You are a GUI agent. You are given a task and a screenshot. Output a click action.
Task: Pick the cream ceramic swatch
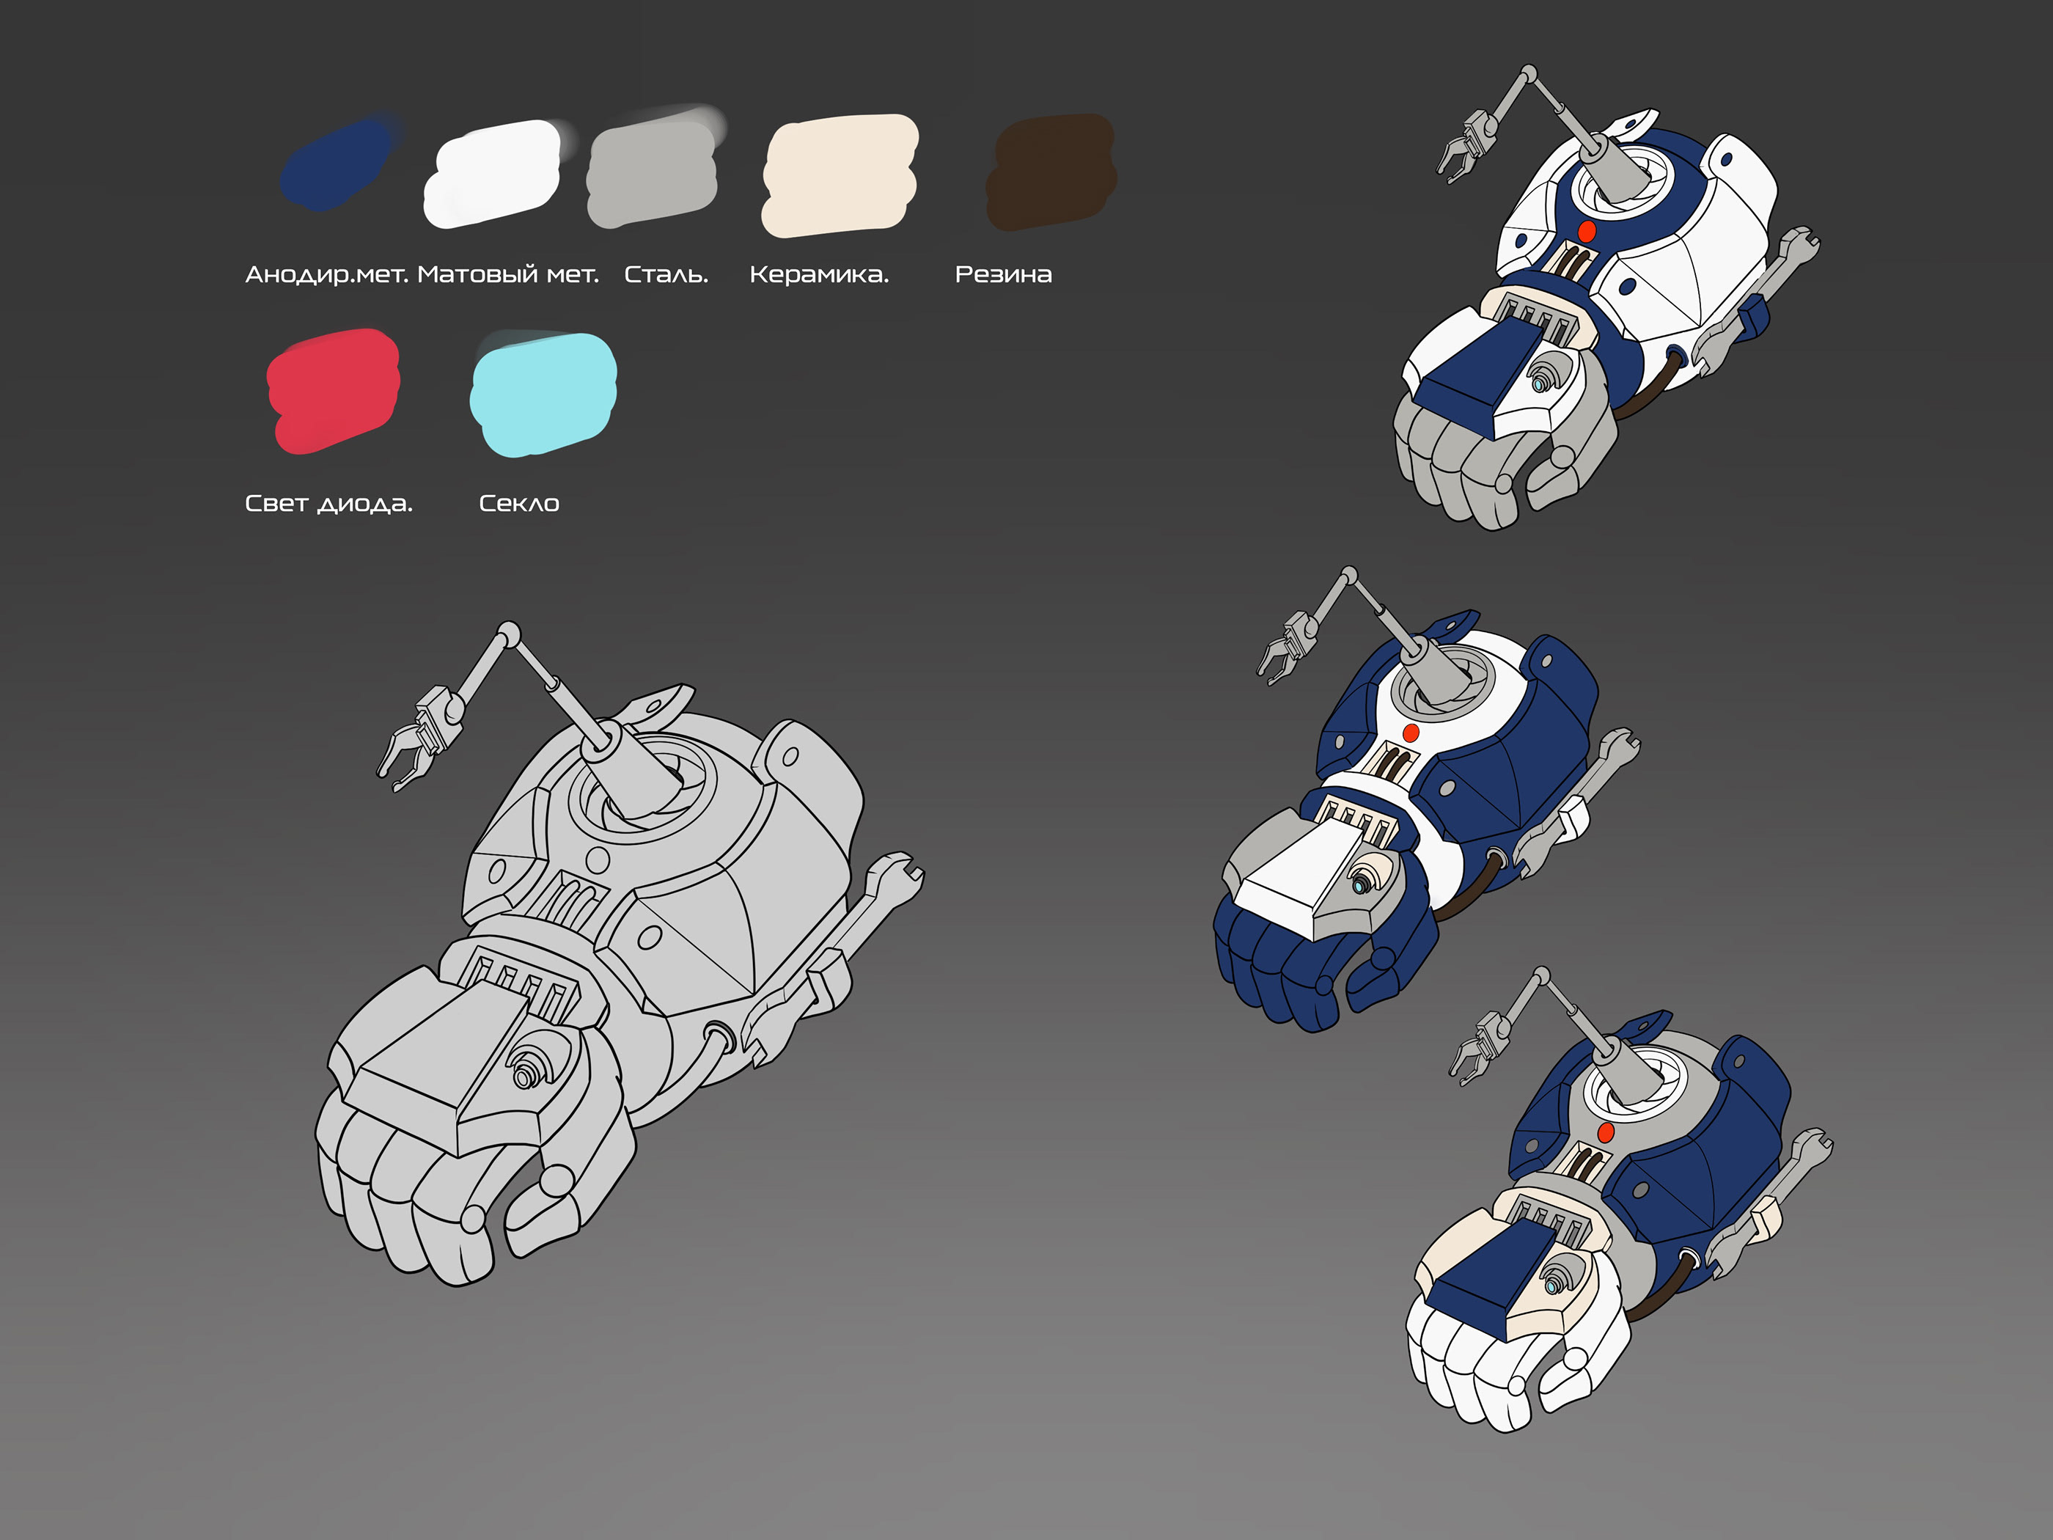(x=839, y=174)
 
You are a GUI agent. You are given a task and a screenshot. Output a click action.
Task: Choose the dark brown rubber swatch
(x=1051, y=172)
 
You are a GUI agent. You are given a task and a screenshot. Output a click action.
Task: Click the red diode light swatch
(x=333, y=391)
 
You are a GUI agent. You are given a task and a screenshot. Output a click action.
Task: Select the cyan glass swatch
(x=543, y=394)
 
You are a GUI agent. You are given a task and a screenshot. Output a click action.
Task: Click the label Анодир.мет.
(x=327, y=275)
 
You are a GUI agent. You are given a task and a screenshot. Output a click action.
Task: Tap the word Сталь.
(x=666, y=275)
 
